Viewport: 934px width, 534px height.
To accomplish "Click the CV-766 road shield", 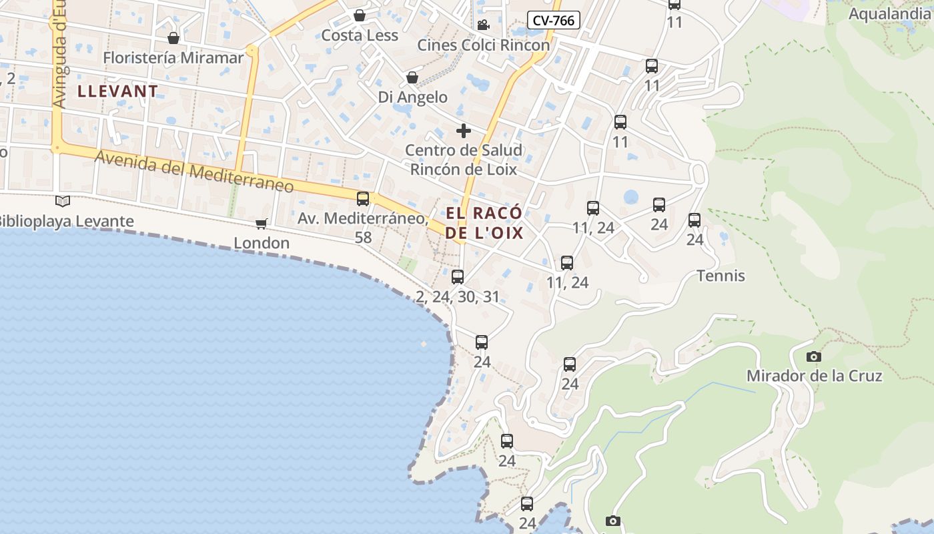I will pyautogui.click(x=554, y=21).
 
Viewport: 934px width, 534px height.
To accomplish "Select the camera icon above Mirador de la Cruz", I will pyautogui.click(x=813, y=357).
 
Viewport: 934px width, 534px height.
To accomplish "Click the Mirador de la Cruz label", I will pyautogui.click(x=814, y=376).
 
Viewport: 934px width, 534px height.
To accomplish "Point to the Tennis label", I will pyautogui.click(x=721, y=276).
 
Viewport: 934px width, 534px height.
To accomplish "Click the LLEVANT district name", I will pyautogui.click(x=118, y=91).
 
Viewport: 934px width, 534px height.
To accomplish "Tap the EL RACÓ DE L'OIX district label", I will pyautogui.click(x=484, y=223).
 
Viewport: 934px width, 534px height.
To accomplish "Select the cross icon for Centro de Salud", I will pyautogui.click(x=464, y=130).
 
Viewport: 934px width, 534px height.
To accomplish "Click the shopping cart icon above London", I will pyautogui.click(x=262, y=224).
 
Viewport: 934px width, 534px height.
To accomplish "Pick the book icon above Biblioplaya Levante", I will pyautogui.click(x=63, y=201).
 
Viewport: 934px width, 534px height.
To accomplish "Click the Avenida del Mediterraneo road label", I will pyautogui.click(x=194, y=171).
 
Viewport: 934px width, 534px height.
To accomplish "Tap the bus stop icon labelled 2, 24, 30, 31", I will pyautogui.click(x=458, y=277).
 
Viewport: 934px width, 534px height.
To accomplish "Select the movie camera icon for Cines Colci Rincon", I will pyautogui.click(x=483, y=25).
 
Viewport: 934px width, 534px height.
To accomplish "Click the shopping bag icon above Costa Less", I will pyautogui.click(x=360, y=15).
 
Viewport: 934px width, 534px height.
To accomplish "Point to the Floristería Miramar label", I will pyautogui.click(x=173, y=58).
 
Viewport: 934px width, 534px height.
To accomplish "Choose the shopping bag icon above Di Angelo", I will pyautogui.click(x=412, y=78).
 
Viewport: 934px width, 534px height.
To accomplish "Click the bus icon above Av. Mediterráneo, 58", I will pyautogui.click(x=363, y=199).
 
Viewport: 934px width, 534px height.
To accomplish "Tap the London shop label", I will pyautogui.click(x=262, y=243).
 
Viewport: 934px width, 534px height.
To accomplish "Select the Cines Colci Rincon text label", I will pyautogui.click(x=484, y=45).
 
